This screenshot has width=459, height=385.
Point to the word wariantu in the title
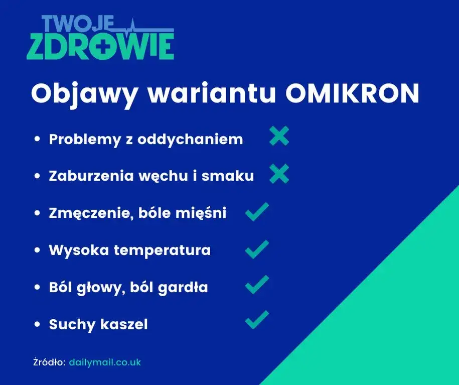[x=211, y=93]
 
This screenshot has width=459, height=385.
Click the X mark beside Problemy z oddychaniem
[x=279, y=136]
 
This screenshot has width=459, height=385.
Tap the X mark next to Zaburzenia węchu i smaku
[x=279, y=174]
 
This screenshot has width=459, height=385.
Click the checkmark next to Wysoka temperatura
[x=257, y=249]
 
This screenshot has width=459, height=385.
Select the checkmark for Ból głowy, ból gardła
[x=257, y=286]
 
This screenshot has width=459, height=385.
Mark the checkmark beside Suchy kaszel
[x=257, y=320]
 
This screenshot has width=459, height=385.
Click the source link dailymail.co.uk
[x=105, y=362]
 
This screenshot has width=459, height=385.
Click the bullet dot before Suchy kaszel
[x=37, y=325]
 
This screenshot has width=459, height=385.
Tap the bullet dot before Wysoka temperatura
[x=37, y=250]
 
